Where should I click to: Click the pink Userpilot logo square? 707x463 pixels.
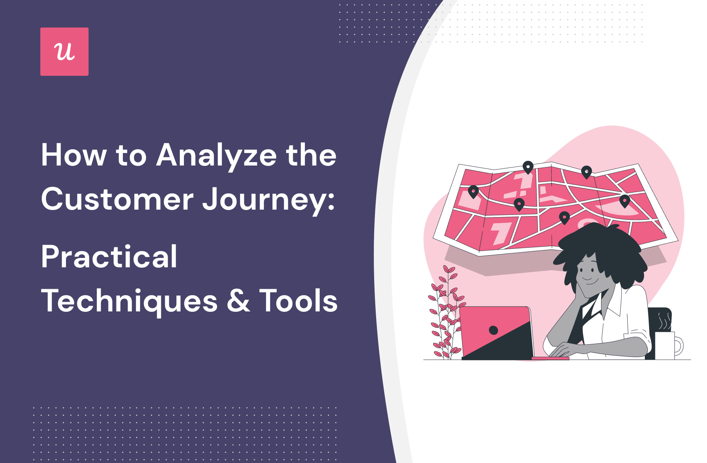64,52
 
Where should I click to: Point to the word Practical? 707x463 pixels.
109,257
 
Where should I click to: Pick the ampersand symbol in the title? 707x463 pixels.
238,301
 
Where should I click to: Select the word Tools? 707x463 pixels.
298,301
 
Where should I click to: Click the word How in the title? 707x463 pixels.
74,155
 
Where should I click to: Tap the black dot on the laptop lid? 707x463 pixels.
493,330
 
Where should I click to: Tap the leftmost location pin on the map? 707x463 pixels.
473,192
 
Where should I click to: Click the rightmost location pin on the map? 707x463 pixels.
624,201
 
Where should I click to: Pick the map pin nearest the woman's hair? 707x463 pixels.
564,218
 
